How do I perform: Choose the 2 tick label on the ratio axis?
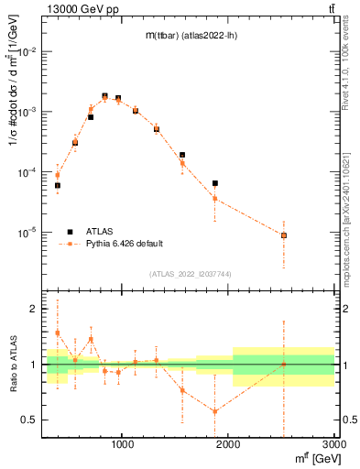35,310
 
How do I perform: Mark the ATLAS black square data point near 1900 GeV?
214,183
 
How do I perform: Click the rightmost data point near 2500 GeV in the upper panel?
284,235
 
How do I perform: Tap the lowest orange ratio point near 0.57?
214,411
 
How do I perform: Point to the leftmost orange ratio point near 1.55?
57,333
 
